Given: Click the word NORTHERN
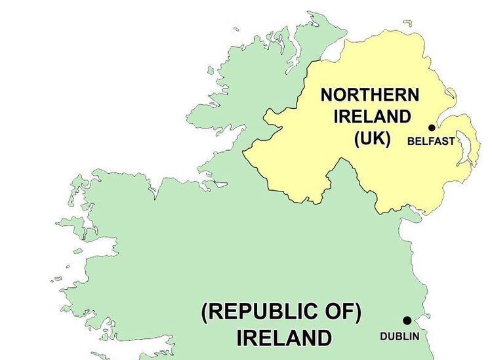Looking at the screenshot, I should tap(369, 95).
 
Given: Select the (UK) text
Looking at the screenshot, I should tap(372, 139).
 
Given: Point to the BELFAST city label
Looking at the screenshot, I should tap(431, 141).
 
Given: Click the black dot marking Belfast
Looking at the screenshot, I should tap(432, 128).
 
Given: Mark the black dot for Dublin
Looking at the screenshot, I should tap(407, 321).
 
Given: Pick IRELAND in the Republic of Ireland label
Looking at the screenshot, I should tap(284, 338).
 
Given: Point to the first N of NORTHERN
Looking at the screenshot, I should tap(327, 95).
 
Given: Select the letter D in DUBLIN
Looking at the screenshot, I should tap(384, 336).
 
